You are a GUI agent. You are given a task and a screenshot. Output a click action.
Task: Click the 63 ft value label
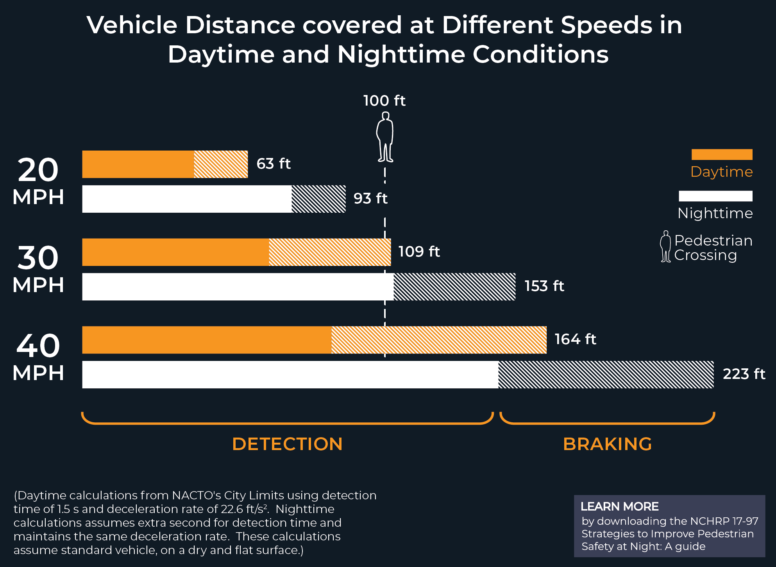(x=273, y=163)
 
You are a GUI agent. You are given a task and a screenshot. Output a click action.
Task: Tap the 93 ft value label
(x=370, y=198)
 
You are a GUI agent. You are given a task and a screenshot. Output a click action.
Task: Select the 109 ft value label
(x=419, y=251)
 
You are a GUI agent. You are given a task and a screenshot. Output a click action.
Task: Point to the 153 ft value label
(x=544, y=286)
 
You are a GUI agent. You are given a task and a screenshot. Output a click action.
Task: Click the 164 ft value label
(x=575, y=339)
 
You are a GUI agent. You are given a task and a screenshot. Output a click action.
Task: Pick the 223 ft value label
(x=744, y=374)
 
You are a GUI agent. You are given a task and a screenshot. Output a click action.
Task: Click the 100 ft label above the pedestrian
(x=384, y=100)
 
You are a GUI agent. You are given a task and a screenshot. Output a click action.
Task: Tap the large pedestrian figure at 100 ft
(x=385, y=137)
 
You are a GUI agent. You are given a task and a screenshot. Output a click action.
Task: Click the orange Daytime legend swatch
(x=722, y=154)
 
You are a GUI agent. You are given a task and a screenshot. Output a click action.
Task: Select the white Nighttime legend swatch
(x=715, y=196)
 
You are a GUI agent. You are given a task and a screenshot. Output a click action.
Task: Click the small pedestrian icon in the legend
(x=665, y=246)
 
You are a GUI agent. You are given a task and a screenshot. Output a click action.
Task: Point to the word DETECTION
(x=287, y=444)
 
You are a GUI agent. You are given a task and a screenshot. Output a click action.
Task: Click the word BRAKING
(x=607, y=444)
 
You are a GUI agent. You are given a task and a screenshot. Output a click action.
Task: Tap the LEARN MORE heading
(x=619, y=506)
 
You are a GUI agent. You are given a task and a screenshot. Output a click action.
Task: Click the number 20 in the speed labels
(x=38, y=170)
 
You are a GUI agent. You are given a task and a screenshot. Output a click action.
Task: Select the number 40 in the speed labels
(x=38, y=346)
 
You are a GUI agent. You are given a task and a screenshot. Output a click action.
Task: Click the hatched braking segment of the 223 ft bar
(x=606, y=375)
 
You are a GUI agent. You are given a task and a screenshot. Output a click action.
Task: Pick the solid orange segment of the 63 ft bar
(x=138, y=164)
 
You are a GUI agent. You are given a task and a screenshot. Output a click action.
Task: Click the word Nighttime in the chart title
(x=401, y=54)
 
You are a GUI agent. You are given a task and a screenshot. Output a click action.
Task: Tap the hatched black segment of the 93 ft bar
(x=318, y=199)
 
